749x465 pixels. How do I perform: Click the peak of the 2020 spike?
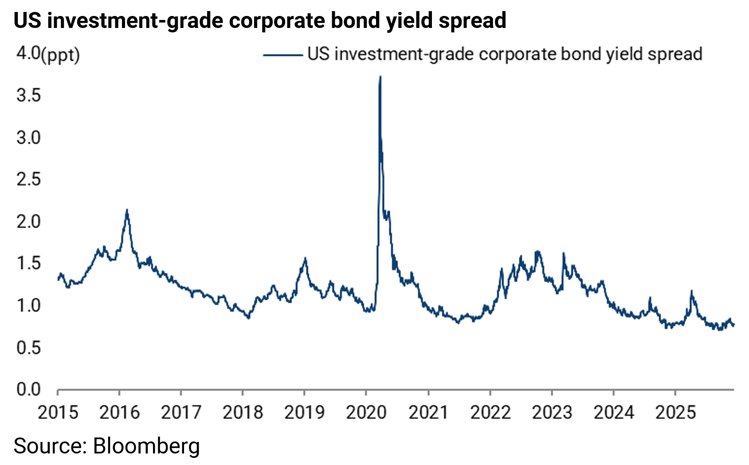click(380, 77)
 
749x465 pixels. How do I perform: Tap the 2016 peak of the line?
click(127, 210)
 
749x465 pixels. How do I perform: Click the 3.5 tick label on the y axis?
click(28, 95)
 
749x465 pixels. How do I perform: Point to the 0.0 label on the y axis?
click(28, 390)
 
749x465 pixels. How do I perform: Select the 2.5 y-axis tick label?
click(28, 179)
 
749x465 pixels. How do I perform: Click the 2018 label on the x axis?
click(243, 413)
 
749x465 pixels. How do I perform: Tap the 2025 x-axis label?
click(675, 413)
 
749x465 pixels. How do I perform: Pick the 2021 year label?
click(428, 413)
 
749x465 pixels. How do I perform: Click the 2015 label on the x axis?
click(58, 413)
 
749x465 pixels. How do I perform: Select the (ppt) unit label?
click(60, 55)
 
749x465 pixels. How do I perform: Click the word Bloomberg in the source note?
click(146, 445)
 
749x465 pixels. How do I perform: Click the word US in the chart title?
click(27, 20)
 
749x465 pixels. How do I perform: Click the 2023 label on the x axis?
click(552, 413)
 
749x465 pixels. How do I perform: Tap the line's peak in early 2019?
click(305, 259)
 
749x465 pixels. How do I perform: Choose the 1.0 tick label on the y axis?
click(28, 306)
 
